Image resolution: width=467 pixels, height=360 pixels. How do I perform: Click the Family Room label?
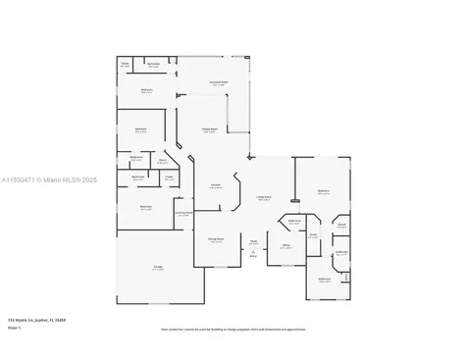click(x=209, y=129)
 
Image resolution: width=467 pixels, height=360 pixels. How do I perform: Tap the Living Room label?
click(x=264, y=198)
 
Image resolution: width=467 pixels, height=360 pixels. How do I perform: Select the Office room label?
click(x=286, y=247)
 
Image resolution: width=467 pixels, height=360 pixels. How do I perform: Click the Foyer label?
click(x=253, y=242)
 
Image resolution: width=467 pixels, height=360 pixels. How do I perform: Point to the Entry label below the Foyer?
click(x=253, y=257)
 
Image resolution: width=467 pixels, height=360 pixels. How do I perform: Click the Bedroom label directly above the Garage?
click(x=145, y=207)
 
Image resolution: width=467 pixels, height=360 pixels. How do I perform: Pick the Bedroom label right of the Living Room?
click(x=323, y=191)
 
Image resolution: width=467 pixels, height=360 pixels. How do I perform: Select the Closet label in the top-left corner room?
click(x=126, y=65)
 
